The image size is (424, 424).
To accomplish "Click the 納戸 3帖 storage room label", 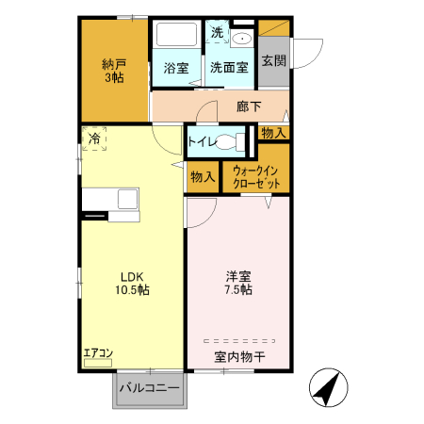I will [114, 72].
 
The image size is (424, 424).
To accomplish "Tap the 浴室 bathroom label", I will [176, 68].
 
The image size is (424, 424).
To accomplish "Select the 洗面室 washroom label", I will [228, 68].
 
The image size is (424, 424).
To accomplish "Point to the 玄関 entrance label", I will [273, 61].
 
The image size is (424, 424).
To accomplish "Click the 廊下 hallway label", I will [249, 106].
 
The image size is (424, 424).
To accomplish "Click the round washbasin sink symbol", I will [241, 39].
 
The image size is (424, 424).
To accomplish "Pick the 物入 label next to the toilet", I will [203, 176].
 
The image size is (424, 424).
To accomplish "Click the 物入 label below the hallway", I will [273, 133].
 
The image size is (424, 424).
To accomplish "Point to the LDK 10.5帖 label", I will [132, 283].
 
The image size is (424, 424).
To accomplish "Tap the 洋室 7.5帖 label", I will [237, 283].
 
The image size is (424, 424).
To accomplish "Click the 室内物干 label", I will [237, 356].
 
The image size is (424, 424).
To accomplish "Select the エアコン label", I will [98, 353].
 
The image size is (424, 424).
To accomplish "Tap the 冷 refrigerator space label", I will [94, 139].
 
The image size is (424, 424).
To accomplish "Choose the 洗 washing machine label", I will [217, 32].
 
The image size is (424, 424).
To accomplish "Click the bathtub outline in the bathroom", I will [176, 36].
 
